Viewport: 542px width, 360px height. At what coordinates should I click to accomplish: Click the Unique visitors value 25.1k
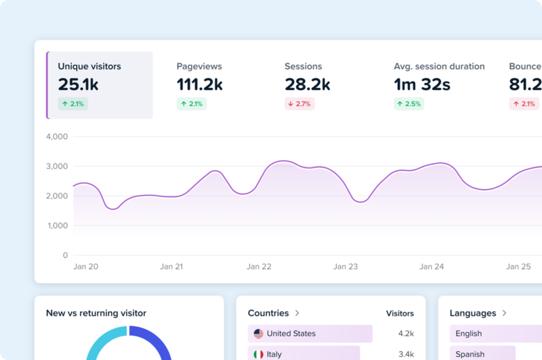tap(79, 84)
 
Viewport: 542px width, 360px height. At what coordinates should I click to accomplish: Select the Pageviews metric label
tap(199, 67)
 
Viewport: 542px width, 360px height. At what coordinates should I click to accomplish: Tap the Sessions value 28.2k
tap(307, 84)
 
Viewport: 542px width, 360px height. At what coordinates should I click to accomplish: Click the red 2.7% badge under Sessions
tap(299, 104)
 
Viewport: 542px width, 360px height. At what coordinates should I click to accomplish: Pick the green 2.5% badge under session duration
tap(409, 104)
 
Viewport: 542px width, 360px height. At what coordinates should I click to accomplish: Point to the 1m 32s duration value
tap(422, 84)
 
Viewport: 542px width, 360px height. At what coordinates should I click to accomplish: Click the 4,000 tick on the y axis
tap(57, 137)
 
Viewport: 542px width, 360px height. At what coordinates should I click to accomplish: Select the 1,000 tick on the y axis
tap(57, 226)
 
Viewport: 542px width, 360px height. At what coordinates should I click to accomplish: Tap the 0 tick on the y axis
tap(65, 255)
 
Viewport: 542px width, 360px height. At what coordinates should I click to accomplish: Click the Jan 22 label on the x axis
tap(259, 267)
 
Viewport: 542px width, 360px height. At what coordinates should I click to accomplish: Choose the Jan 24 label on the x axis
tap(431, 267)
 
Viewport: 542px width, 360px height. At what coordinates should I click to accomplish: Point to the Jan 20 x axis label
tap(85, 267)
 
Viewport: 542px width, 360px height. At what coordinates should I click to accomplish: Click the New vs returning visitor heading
tap(96, 313)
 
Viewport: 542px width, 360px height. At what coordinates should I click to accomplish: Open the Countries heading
tap(268, 313)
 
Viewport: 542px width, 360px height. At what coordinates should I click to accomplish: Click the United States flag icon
tap(259, 334)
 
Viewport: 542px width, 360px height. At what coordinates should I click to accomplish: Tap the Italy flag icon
tap(259, 355)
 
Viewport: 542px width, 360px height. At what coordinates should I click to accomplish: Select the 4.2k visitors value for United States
tap(406, 334)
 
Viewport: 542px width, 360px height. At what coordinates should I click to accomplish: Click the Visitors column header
tap(400, 313)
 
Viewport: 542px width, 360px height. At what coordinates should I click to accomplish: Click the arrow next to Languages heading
tap(504, 313)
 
